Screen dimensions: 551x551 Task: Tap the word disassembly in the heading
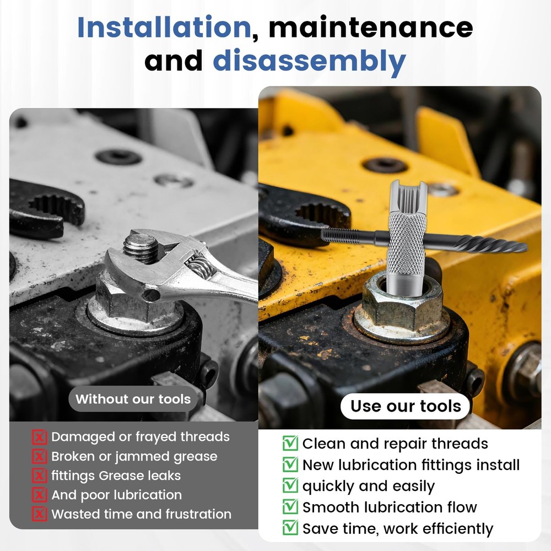pyautogui.click(x=309, y=61)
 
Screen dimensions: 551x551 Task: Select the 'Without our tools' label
pyautogui.click(x=133, y=399)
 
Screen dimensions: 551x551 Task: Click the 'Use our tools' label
pyautogui.click(x=406, y=407)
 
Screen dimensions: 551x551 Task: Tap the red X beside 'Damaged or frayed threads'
pyautogui.click(x=40, y=437)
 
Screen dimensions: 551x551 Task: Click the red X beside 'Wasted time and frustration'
pyautogui.click(x=40, y=515)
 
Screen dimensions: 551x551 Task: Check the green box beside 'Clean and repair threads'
pyautogui.click(x=290, y=444)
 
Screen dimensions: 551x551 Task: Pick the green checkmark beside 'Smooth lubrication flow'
pyautogui.click(x=290, y=507)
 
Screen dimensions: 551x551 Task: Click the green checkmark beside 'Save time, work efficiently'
pyautogui.click(x=290, y=529)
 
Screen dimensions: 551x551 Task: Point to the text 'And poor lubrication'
pyautogui.click(x=116, y=495)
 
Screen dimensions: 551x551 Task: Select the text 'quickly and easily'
pyautogui.click(x=368, y=487)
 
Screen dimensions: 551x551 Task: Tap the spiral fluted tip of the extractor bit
pyautogui.click(x=485, y=244)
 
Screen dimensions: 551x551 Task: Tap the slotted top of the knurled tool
pyautogui.click(x=408, y=193)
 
